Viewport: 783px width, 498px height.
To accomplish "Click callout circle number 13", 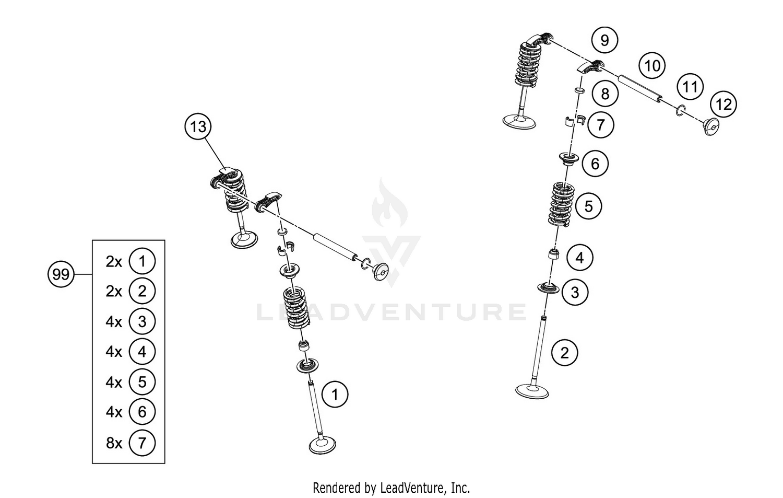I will coord(198,127).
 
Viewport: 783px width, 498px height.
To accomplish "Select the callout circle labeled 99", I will coord(61,274).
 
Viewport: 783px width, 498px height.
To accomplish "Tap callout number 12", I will coord(723,105).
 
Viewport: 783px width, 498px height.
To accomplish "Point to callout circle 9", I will coord(604,40).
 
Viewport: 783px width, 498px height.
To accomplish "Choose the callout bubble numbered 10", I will coord(652,66).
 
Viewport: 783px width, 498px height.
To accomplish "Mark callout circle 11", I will coord(690,86).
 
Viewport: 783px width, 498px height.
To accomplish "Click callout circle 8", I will coord(605,94).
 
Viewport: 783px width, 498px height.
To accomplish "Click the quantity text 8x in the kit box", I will coord(114,443).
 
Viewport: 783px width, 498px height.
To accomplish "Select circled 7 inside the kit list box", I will coord(142,443).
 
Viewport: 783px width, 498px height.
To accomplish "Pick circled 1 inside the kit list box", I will coord(142,261).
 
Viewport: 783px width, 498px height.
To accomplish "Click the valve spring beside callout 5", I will coord(562,204).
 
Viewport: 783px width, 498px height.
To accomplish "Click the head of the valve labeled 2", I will coord(532,391).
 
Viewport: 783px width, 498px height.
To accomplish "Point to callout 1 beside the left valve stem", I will coord(335,394).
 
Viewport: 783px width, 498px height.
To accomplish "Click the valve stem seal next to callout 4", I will coord(554,256).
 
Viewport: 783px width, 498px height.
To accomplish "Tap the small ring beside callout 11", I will coord(680,110).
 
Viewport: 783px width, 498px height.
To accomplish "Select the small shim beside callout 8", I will coord(579,91).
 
